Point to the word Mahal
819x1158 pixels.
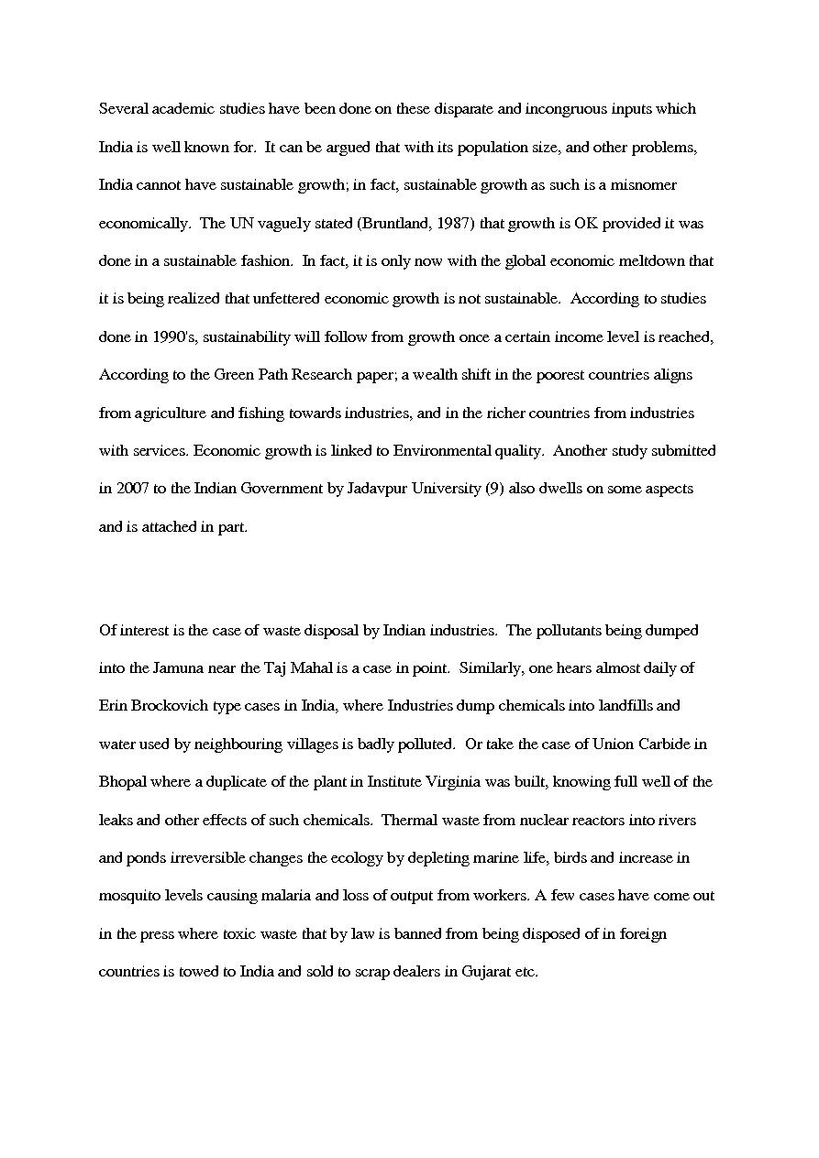[298, 668]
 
